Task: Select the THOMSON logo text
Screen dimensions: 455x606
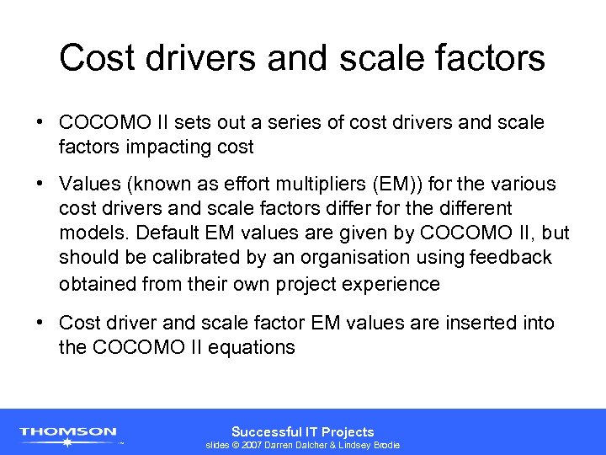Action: pyautogui.click(x=68, y=431)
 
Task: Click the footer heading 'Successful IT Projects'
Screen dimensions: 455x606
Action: pyautogui.click(x=302, y=431)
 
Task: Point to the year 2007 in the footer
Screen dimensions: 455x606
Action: pyautogui.click(x=252, y=445)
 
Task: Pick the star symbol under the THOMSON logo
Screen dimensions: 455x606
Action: pyautogui.click(x=68, y=442)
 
